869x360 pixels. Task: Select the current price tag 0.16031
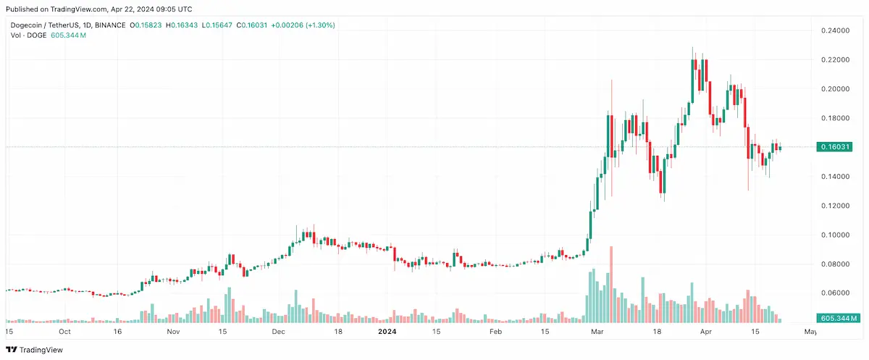pyautogui.click(x=836, y=147)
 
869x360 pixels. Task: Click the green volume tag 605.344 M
pyautogui.click(x=838, y=318)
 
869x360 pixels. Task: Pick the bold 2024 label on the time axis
pyautogui.click(x=388, y=332)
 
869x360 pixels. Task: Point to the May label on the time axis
pyautogui.click(x=810, y=332)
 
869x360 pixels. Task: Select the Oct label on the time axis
pyautogui.click(x=65, y=332)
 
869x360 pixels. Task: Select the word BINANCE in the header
pyautogui.click(x=109, y=25)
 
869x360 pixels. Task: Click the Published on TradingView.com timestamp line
pyautogui.click(x=100, y=9)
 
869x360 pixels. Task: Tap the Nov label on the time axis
pyautogui.click(x=173, y=332)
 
